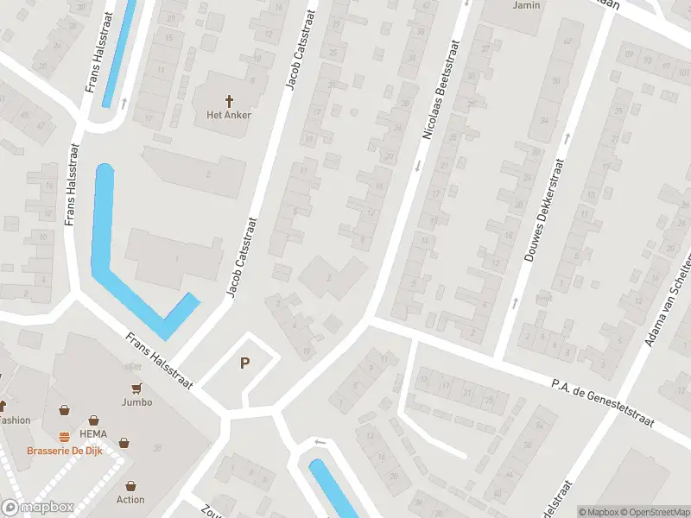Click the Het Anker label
click(229, 115)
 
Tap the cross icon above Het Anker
click(229, 100)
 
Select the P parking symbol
click(245, 364)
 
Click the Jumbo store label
click(136, 401)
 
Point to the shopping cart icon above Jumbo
click(136, 388)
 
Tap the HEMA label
click(92, 433)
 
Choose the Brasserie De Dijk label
click(65, 451)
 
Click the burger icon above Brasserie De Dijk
click(64, 437)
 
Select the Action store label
click(130, 499)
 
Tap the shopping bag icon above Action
click(130, 486)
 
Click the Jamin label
click(526, 5)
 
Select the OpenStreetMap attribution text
click(656, 512)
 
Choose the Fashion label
click(14, 420)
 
